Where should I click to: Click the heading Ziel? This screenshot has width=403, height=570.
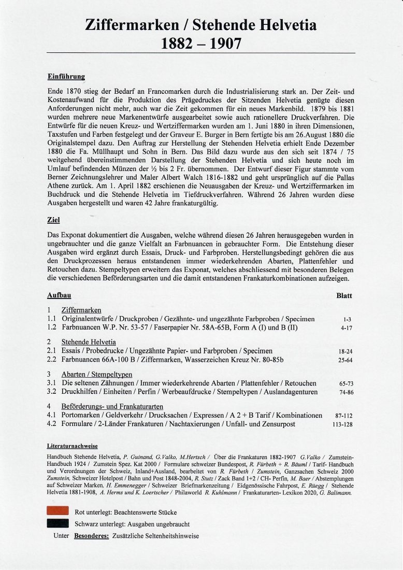coord(54,219)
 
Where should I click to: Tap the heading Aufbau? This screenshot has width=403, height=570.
coord(59,295)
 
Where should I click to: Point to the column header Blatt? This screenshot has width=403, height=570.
coord(344,295)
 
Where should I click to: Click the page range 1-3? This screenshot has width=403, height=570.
coord(347,320)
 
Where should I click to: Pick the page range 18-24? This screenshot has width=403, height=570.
coord(345,351)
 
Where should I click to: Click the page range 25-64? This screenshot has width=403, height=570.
coord(345,360)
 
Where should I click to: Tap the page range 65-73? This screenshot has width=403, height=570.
coord(345,384)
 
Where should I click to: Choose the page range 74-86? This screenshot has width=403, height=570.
coord(345,393)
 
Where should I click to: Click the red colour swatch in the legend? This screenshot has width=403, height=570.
coord(58,512)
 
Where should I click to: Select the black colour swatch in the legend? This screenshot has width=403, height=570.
coord(58,524)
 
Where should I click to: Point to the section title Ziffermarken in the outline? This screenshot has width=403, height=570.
coord(81,310)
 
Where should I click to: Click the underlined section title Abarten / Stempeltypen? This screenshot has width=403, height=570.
coord(97,374)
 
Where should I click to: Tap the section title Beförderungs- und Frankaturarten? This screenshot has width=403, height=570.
coord(112,406)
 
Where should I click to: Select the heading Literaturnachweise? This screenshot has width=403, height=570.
coord(72,446)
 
